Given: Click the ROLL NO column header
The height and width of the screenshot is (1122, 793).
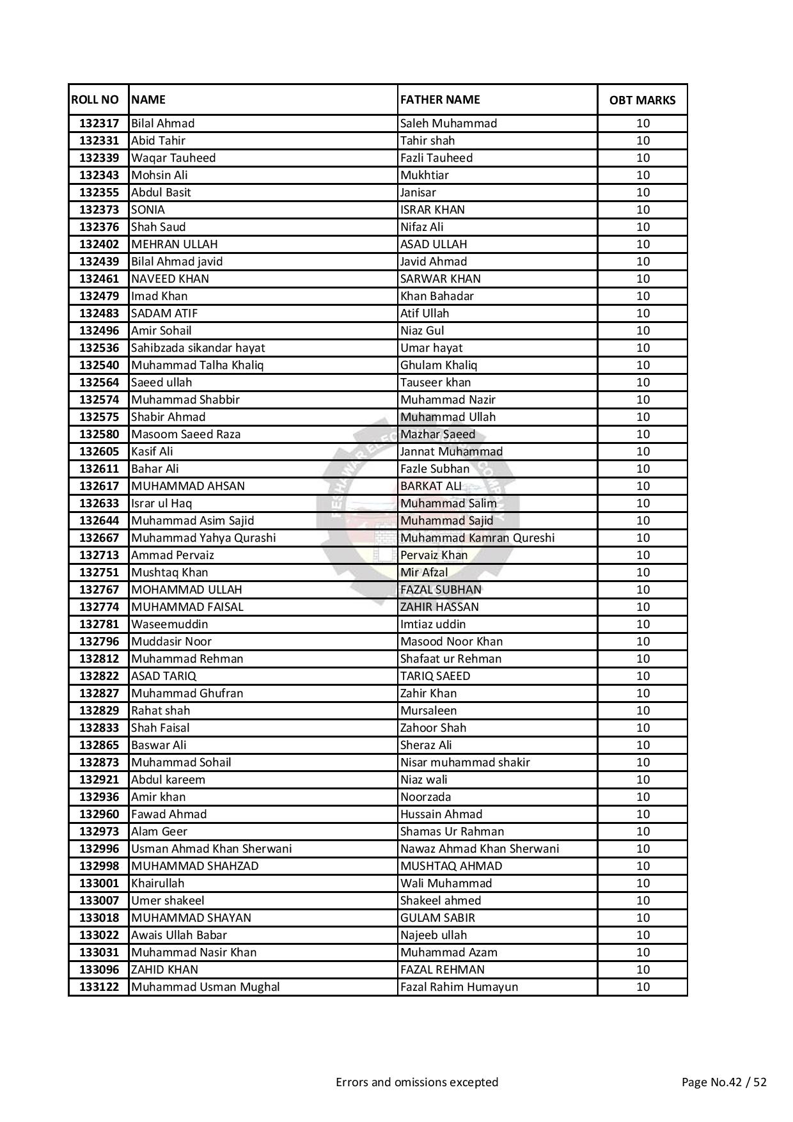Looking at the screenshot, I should pyautogui.click(x=95, y=100).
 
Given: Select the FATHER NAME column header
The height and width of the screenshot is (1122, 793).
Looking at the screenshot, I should pyautogui.click(x=439, y=100).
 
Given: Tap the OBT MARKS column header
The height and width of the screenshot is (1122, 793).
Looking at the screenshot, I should pyautogui.click(x=642, y=100).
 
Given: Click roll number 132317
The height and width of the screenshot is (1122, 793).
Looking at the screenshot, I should pyautogui.click(x=99, y=123).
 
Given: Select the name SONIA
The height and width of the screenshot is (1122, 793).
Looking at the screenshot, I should pyautogui.click(x=148, y=210).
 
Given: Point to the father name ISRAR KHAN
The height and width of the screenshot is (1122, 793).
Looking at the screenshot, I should pyautogui.click(x=432, y=210).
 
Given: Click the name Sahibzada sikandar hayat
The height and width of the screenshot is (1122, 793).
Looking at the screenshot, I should pyautogui.click(x=198, y=348).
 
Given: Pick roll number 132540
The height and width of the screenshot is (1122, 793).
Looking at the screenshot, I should pyautogui.click(x=99, y=365).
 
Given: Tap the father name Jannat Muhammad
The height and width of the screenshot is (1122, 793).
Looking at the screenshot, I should pyautogui.click(x=451, y=452).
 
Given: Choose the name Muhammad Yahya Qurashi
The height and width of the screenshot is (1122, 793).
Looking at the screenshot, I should pyautogui.click(x=203, y=538).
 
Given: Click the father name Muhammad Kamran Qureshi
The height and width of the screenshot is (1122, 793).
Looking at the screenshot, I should pyautogui.click(x=477, y=538).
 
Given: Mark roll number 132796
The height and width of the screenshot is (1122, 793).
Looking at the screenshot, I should pyautogui.click(x=99, y=642).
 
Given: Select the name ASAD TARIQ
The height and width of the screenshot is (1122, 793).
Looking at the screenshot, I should pyautogui.click(x=164, y=676).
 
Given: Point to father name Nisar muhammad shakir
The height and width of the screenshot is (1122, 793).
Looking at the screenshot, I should pyautogui.click(x=465, y=762).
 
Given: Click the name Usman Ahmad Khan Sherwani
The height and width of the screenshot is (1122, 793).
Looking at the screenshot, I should pyautogui.click(x=211, y=849).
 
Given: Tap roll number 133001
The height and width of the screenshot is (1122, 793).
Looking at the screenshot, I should pyautogui.click(x=99, y=883).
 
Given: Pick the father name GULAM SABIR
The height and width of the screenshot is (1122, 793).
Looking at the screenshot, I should pyautogui.click(x=437, y=918).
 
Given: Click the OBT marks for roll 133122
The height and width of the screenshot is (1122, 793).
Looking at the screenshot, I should pyautogui.click(x=643, y=987).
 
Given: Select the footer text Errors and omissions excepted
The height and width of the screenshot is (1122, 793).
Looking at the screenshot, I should pyautogui.click(x=417, y=1082).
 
